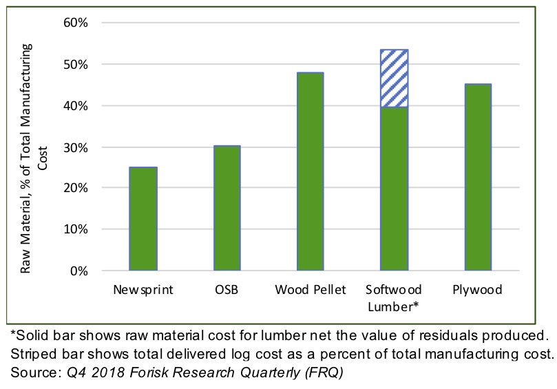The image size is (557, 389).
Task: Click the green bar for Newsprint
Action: coord(143,219)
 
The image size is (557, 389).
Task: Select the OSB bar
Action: coord(227,208)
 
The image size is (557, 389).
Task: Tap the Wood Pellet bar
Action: coord(311,171)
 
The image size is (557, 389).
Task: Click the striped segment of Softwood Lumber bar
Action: coord(395,78)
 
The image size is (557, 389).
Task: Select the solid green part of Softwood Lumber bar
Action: coord(395,189)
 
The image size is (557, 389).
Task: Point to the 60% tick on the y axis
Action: coord(76,23)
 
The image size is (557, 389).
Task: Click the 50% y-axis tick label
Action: coord(76,64)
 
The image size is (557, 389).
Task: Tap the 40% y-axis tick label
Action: coord(76,105)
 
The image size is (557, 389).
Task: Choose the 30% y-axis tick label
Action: coord(76,147)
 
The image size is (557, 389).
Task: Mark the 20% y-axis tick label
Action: coord(76,188)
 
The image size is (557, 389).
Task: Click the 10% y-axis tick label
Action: coord(76,229)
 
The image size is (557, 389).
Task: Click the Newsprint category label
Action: coord(143,290)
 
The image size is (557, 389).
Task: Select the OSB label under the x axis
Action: coord(227,290)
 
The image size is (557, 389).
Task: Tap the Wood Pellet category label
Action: coord(310,290)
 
